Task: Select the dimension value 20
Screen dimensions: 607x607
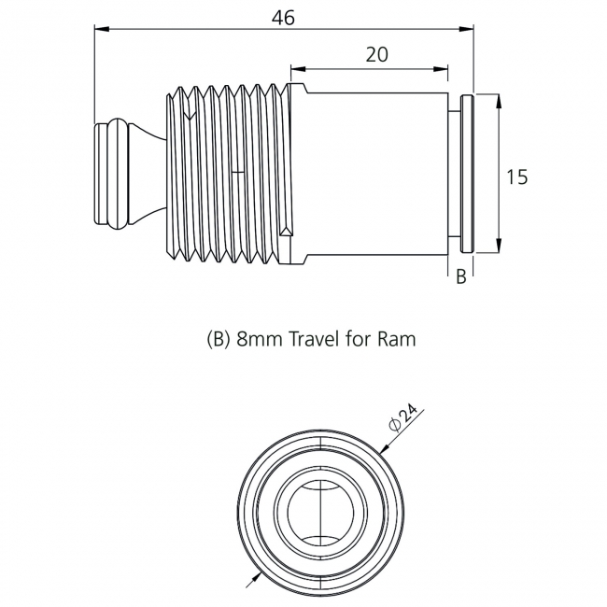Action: [x=376, y=54]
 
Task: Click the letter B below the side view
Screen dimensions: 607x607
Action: [x=460, y=277]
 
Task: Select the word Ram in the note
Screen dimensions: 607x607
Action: [x=396, y=339]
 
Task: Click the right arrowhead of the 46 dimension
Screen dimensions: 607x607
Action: [x=469, y=29]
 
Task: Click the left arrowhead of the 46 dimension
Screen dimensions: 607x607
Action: [x=100, y=29]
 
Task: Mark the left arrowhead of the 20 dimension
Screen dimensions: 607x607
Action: [x=296, y=67]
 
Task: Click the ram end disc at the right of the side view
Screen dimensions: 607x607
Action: [x=469, y=173]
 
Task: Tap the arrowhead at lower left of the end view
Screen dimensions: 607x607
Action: [x=250, y=579]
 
